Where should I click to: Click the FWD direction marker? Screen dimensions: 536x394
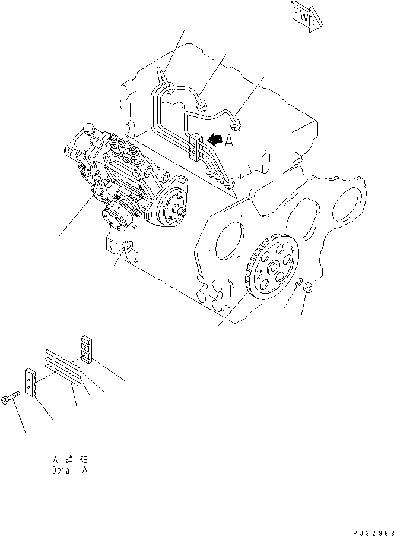[306, 14]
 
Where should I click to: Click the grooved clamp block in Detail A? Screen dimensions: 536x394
[85, 349]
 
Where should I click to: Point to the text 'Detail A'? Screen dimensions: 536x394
[69, 469]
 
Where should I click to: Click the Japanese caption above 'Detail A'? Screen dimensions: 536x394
[69, 459]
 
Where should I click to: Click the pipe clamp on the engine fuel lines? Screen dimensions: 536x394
[193, 147]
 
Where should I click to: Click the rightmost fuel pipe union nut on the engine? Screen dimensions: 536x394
[237, 124]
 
